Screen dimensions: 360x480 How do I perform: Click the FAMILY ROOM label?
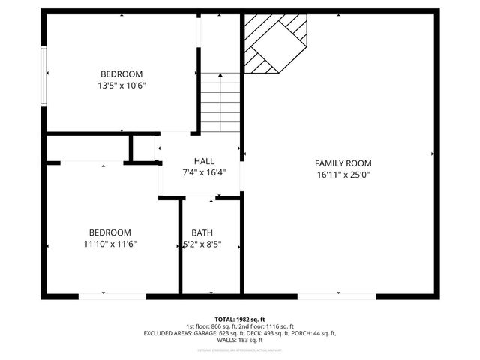tap(343, 163)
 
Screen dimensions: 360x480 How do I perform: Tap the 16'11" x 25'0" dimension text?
tap(343, 175)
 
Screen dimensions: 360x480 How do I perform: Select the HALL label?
tap(204, 161)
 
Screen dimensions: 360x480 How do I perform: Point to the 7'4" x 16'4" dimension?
tap(204, 172)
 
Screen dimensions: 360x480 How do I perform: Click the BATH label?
tap(202, 232)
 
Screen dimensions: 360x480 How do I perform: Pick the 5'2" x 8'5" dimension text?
tap(202, 244)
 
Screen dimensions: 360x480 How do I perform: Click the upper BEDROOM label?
tap(121, 73)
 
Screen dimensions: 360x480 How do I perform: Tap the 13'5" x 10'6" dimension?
tap(121, 85)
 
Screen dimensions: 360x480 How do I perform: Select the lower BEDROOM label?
tap(109, 232)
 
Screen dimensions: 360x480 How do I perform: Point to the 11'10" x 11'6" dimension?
tap(109, 244)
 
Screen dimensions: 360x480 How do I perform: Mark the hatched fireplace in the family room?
tap(274, 43)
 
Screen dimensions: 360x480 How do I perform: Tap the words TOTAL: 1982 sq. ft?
tap(239, 319)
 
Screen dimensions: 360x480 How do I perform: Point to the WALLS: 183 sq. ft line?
tap(239, 340)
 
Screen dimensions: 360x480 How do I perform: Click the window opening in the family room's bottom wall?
tap(337, 296)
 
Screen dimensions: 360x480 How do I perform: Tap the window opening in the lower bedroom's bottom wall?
tap(112, 296)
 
